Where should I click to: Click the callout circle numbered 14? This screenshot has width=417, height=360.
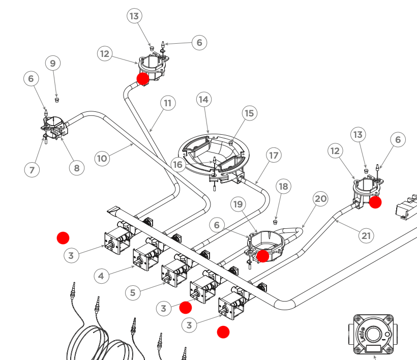(203, 100)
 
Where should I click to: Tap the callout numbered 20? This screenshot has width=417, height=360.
(320, 199)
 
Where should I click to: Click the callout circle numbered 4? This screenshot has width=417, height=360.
(102, 276)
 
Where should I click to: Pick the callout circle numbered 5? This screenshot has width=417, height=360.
(133, 292)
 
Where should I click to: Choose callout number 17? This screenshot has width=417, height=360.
(274, 155)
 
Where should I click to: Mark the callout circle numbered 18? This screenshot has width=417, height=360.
(283, 187)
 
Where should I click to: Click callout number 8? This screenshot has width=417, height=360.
(76, 168)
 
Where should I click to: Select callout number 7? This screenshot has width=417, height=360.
(32, 169)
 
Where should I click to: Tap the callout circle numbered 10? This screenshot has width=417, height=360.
(102, 158)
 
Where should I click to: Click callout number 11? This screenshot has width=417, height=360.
(168, 103)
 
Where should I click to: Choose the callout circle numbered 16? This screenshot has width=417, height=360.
(177, 164)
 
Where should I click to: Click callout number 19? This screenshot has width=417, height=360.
(237, 204)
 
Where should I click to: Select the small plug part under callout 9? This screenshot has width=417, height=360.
(57, 100)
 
